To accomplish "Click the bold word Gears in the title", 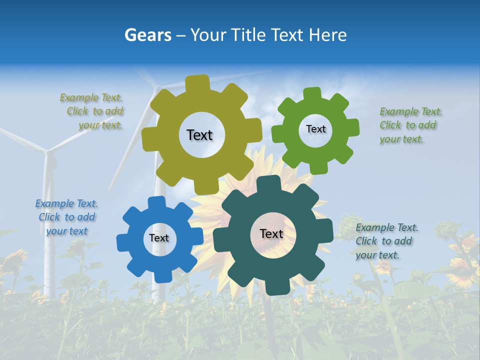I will click(x=147, y=35).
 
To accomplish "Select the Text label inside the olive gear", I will click(x=199, y=135).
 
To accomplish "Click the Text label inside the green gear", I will click(x=315, y=129).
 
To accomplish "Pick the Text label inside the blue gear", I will click(x=159, y=238).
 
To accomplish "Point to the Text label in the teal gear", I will click(x=271, y=234).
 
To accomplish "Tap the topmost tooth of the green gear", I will click(x=312, y=93).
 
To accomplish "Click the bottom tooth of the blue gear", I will click(x=161, y=276).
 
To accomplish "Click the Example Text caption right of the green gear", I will click(x=410, y=125).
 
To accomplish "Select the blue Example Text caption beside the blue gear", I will click(x=67, y=217).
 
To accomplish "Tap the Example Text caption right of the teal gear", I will click(x=386, y=241).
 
